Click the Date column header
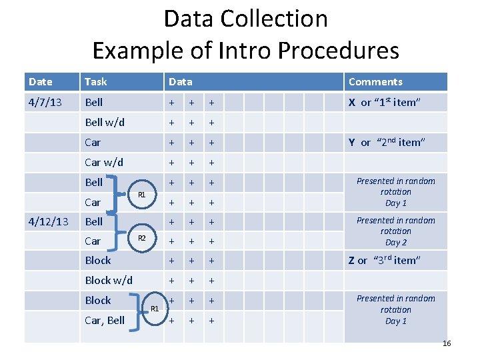pos(41,82)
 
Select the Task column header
pos(96,82)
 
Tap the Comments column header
pos(375,82)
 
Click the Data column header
pos(180,82)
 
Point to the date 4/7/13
pos(47,102)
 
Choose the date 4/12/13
pos(48,221)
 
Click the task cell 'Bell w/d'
pos(105,122)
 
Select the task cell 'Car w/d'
pos(104,162)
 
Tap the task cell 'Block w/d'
pos(109,281)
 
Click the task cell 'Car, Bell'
pos(105,320)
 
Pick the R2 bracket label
pos(141,238)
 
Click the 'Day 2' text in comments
pos(396,243)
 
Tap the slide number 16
pos(447,343)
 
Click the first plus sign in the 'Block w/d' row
pos(172,281)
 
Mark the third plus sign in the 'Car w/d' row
pos(211,162)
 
